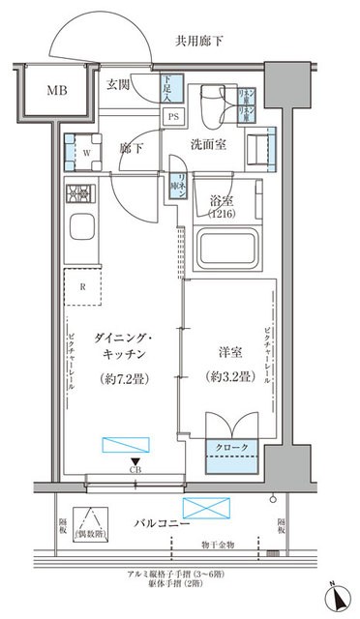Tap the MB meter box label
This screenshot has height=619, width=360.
40,93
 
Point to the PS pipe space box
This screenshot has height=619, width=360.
173,117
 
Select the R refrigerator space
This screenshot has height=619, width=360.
84,287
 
